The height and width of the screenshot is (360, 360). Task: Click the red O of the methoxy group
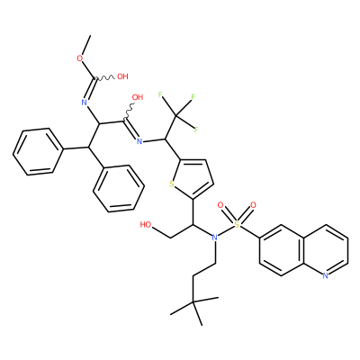coord(80,58)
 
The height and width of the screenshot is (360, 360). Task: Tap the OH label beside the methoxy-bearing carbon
coord(122,76)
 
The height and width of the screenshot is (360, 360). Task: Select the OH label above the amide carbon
coord(138,97)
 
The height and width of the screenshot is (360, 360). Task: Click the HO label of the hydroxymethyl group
coord(146,225)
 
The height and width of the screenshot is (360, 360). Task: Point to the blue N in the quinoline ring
coord(325,275)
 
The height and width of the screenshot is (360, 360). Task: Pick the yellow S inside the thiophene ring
coord(172,184)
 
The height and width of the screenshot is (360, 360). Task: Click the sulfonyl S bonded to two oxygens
coord(237,224)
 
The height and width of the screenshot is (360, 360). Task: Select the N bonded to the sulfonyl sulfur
coord(214,238)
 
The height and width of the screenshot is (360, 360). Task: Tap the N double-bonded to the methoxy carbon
coord(85,103)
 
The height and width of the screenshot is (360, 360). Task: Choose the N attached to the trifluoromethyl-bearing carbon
coord(139,141)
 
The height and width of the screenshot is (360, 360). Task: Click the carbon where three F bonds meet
coord(176,115)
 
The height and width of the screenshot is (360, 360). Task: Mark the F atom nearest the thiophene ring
coord(196,130)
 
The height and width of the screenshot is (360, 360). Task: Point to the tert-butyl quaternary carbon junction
coord(193,302)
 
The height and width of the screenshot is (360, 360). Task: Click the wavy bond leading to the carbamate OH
coord(105,78)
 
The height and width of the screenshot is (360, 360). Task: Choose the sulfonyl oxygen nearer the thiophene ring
coord(220,205)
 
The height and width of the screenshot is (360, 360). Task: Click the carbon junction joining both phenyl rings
coord(89,147)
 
